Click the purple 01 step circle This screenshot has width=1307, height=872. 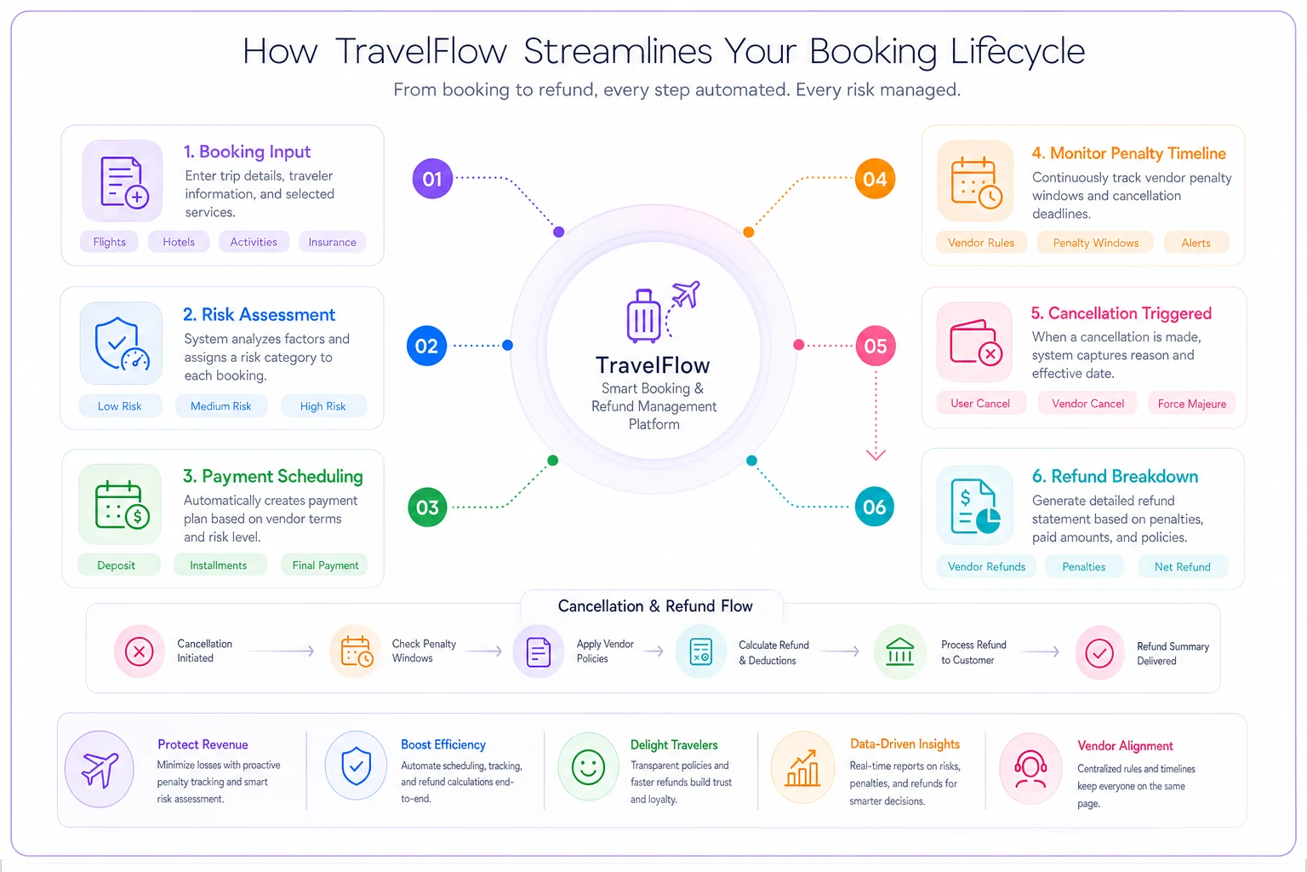click(x=432, y=179)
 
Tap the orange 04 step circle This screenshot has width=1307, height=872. click(x=875, y=179)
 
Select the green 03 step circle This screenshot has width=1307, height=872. click(x=427, y=507)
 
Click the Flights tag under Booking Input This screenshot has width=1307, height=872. click(x=109, y=242)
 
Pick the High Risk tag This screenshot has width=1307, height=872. click(x=322, y=406)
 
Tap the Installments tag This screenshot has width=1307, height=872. click(x=218, y=565)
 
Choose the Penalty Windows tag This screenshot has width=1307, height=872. click(x=1095, y=243)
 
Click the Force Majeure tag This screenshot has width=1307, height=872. click(x=1191, y=404)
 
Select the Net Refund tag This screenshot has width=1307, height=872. click(x=1182, y=566)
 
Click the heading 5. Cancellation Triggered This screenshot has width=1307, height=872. click(x=1121, y=313)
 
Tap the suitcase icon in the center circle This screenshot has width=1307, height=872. click(x=643, y=315)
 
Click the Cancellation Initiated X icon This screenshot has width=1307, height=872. click(x=139, y=651)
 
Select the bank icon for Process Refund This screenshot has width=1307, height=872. click(x=899, y=651)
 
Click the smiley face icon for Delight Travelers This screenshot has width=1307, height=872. click(x=588, y=767)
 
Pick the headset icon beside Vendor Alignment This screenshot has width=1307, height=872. click(x=1030, y=768)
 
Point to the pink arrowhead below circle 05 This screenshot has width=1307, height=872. click(x=876, y=455)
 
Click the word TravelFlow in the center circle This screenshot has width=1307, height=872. click(x=653, y=365)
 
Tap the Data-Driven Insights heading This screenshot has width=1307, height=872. click(x=905, y=743)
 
